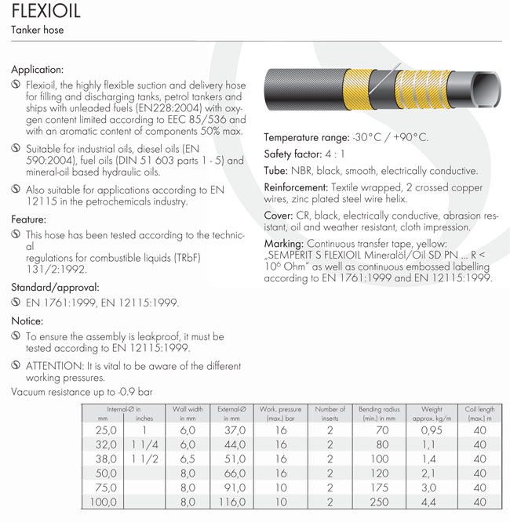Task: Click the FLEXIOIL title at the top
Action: (x=46, y=14)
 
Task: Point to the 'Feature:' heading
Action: (x=29, y=219)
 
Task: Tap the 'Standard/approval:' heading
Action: (x=54, y=288)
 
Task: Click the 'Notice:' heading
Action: (x=27, y=321)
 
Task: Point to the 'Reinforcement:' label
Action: (x=296, y=188)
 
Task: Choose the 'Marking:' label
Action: (x=283, y=245)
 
